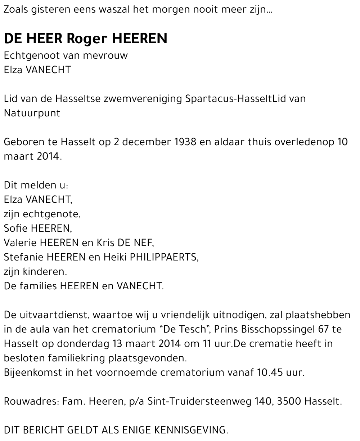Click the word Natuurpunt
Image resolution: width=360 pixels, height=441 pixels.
coord(32,113)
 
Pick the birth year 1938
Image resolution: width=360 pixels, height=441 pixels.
coord(185,142)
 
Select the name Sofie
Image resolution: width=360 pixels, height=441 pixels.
coord(16,228)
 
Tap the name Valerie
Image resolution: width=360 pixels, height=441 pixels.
coord(21,242)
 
